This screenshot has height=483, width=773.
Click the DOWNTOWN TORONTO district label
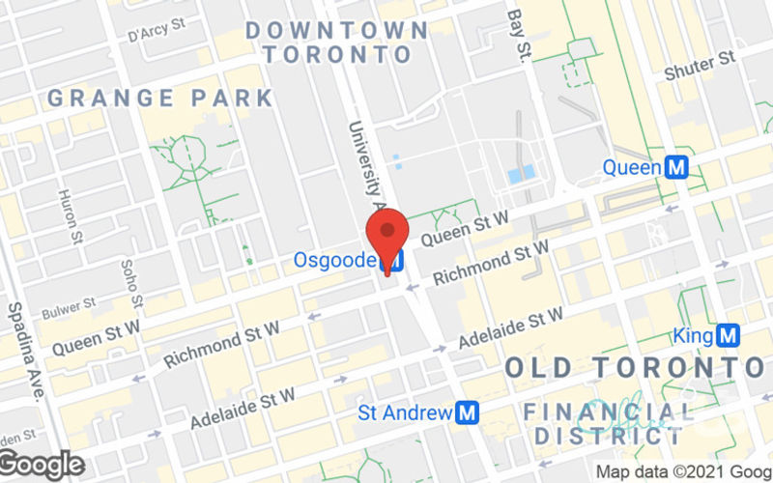point(336,42)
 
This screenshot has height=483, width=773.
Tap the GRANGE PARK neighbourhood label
point(159,98)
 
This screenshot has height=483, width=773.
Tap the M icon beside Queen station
point(677,168)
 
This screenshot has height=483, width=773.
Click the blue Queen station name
point(632,168)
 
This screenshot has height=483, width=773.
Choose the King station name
point(693,336)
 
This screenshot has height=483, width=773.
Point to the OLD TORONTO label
point(634,368)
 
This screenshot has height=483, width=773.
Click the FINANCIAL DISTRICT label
point(609,424)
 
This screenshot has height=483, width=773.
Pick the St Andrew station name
point(405,413)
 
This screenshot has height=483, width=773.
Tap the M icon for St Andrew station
point(469,413)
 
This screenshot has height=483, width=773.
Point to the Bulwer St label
point(70,307)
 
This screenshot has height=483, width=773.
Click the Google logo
point(41,465)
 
